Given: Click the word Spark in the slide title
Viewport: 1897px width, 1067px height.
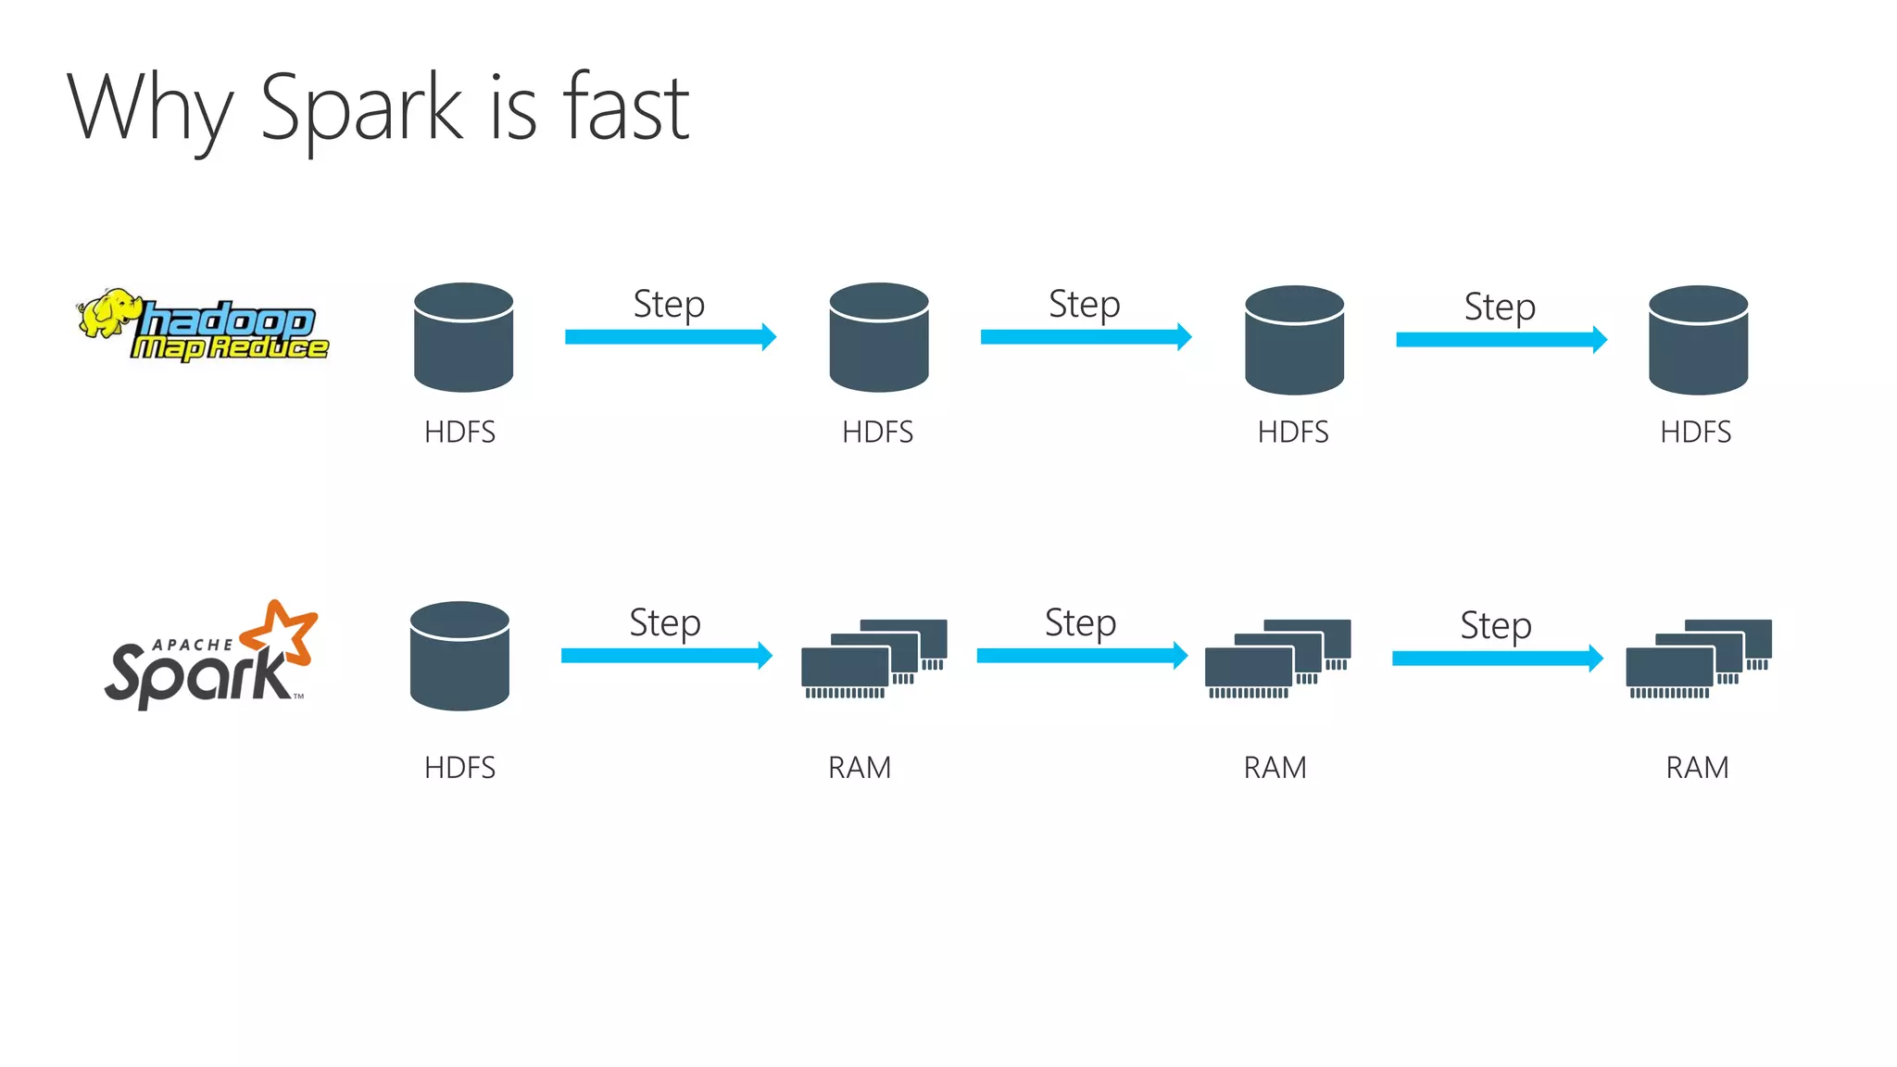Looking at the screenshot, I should click(361, 109).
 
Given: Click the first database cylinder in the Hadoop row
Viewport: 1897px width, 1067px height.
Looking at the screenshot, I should click(463, 337).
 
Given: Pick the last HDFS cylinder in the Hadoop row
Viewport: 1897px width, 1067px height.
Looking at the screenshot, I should click(1698, 339).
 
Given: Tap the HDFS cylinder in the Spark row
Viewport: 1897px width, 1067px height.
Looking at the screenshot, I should click(459, 656).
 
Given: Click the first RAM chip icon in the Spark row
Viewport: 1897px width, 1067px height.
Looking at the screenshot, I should click(873, 658).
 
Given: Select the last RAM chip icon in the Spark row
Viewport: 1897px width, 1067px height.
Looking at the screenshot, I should click(1698, 658).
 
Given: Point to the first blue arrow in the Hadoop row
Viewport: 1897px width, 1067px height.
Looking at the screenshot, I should click(670, 337).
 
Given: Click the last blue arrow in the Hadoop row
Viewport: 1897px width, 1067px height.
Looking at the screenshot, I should click(1501, 340).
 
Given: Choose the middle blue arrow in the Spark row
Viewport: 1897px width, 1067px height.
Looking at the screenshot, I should click(1081, 656).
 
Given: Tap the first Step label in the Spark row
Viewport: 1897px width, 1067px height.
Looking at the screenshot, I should click(665, 622).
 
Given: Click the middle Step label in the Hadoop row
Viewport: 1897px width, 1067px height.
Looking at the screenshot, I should click(1084, 304).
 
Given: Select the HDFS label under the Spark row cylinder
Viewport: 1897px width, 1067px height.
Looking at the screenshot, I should click(459, 768).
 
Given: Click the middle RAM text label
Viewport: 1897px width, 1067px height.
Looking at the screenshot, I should click(1275, 768).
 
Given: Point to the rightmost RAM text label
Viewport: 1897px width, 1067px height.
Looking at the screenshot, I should click(1697, 768).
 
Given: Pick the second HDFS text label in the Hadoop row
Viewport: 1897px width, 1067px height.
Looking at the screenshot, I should click(877, 432).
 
